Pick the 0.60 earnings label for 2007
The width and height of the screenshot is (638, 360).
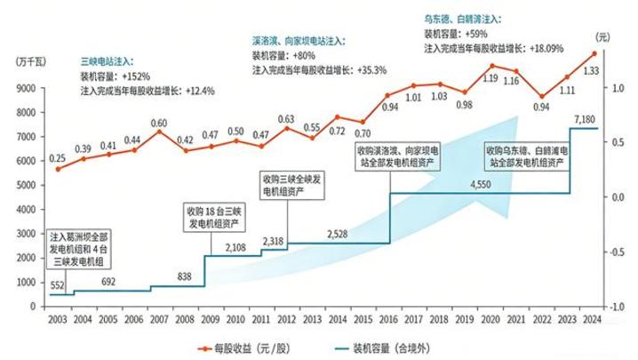[158, 123]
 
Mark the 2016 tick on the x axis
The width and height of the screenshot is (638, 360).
[389, 319]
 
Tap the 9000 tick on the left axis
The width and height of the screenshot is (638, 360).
[25, 87]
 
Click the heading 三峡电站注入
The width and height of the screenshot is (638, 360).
[106, 60]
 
